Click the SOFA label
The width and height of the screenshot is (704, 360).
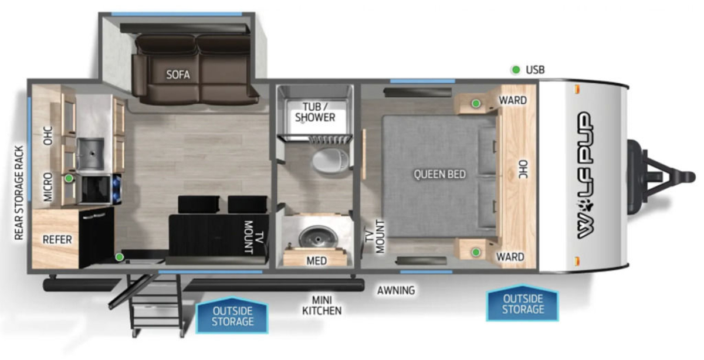178,75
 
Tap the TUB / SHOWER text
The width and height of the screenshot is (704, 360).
315,112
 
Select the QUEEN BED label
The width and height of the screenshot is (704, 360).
439,174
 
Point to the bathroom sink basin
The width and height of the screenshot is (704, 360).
318,237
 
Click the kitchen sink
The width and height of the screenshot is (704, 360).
90,154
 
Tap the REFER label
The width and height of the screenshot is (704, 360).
57,240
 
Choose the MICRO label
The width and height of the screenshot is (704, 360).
48,187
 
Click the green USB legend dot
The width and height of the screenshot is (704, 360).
516,70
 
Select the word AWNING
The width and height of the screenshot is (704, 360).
396,290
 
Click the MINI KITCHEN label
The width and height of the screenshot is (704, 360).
322,305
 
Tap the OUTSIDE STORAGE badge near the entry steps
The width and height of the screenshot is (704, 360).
232,315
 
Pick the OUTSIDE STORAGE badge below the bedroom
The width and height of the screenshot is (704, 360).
523,303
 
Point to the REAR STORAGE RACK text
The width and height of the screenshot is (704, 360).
19,193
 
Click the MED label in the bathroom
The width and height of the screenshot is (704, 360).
317,261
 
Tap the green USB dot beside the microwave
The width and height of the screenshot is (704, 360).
69,178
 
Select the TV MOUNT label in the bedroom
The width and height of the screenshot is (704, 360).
375,236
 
